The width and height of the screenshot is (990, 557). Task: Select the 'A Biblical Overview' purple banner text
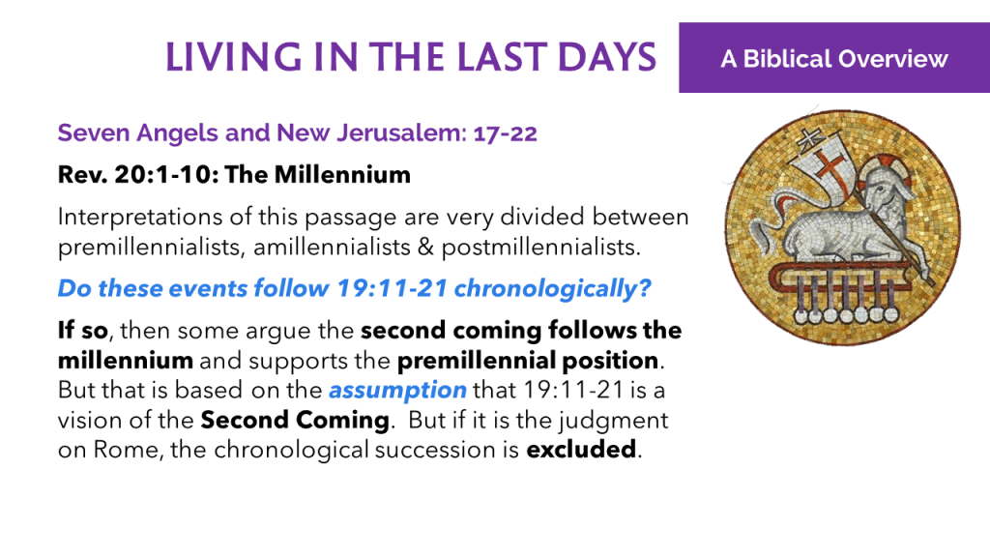tap(834, 59)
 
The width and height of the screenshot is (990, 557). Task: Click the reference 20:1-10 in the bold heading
tap(165, 175)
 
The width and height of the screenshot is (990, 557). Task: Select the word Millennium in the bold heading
tap(342, 175)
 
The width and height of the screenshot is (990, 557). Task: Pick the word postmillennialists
tap(540, 247)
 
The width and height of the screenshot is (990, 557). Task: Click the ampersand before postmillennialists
tap(425, 247)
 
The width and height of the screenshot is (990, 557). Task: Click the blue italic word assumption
tap(397, 391)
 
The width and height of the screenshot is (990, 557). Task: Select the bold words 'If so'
tap(83, 331)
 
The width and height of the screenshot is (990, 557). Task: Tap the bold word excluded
tap(581, 450)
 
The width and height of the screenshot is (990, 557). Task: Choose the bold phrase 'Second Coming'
tap(295, 420)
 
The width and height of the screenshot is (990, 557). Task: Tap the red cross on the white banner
tap(830, 165)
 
